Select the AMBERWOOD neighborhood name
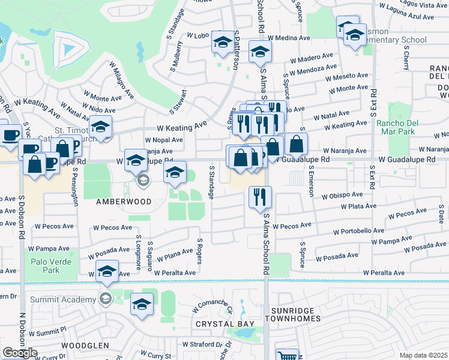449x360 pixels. click(124, 202)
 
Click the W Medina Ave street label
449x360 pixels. click(289, 38)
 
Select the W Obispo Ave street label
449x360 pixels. click(342, 195)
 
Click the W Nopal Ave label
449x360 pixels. click(164, 140)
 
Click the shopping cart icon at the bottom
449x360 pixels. click(287, 355)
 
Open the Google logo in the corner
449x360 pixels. click(20, 353)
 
